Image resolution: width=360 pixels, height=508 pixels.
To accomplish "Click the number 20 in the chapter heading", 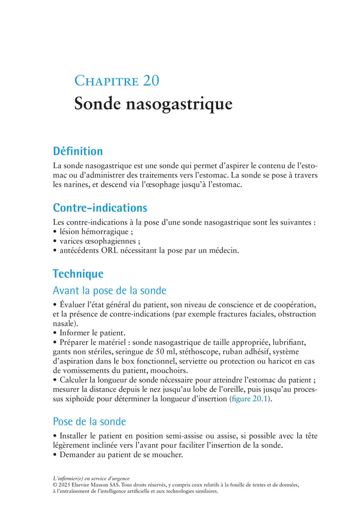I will (149, 81).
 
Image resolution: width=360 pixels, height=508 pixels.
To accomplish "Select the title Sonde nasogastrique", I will (153, 104).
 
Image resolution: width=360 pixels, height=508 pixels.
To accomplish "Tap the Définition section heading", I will (78, 151).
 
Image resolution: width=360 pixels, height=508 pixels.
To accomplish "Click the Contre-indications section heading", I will (100, 208).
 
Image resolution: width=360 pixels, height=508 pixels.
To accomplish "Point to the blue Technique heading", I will (78, 274).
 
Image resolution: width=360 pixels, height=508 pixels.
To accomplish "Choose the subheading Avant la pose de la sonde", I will (110, 291).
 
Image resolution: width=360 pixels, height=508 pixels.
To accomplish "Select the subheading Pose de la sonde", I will (89, 422).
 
